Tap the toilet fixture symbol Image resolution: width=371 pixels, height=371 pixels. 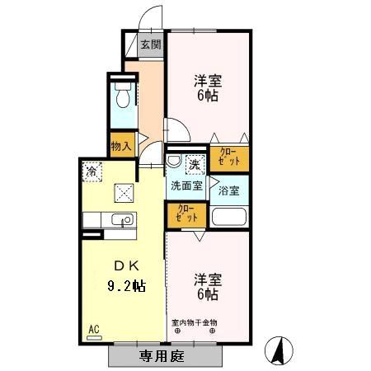122,96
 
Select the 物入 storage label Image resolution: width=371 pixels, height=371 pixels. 121,145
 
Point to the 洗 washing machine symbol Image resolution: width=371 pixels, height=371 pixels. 195,165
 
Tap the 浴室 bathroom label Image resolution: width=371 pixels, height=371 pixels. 229,191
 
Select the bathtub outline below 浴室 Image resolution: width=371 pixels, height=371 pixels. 229,217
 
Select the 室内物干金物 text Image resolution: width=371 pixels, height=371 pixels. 194,322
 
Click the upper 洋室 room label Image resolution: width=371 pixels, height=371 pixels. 209,87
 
